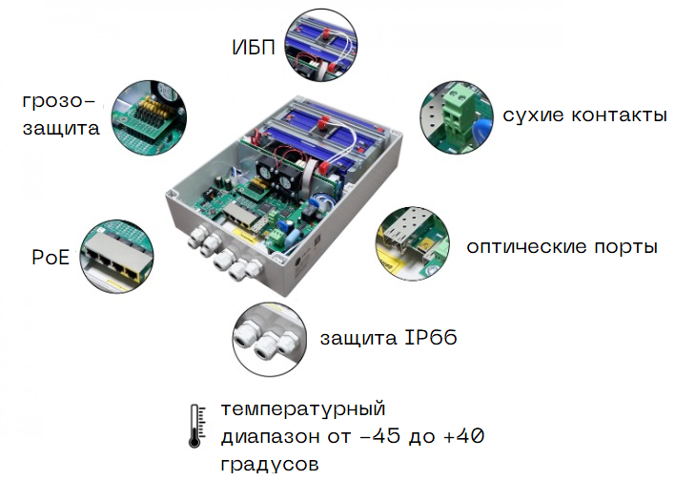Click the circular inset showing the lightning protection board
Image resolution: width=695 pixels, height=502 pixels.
coord(149,116)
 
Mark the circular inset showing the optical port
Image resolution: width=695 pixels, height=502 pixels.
coord(414,243)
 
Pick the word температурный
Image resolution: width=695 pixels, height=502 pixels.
coord(303,410)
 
